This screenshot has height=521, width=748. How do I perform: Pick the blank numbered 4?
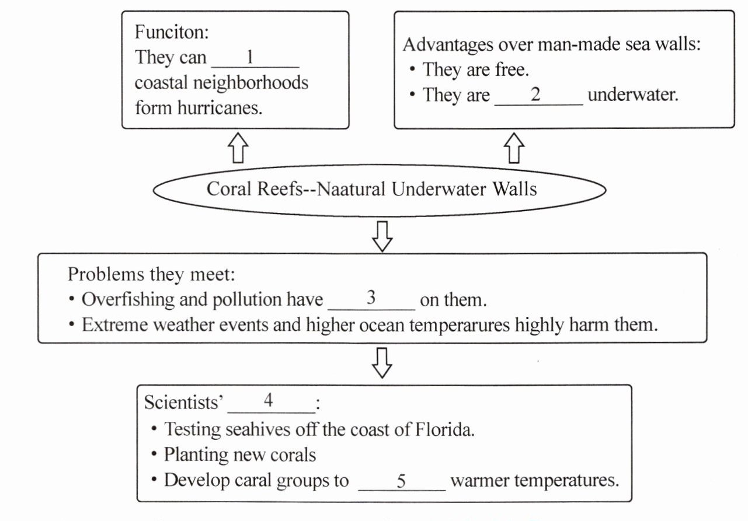coord(270,402)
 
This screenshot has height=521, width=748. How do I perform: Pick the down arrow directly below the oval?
coord(382,236)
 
